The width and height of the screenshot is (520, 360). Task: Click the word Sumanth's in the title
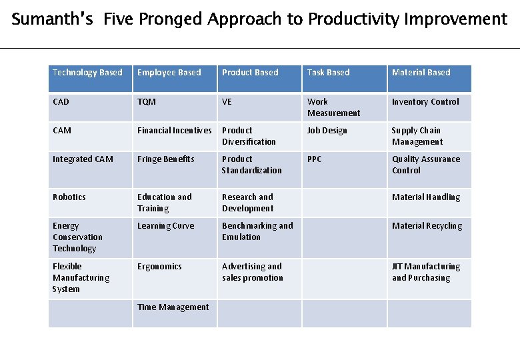point(54,19)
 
